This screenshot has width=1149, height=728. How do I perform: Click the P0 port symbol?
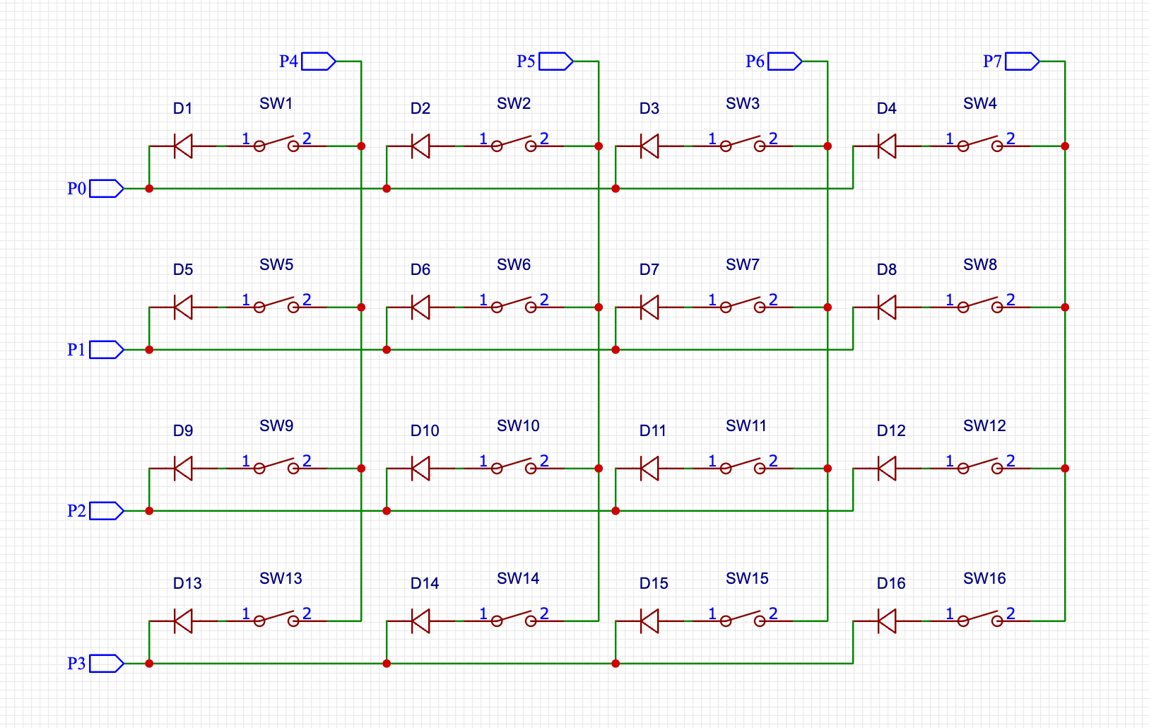point(106,189)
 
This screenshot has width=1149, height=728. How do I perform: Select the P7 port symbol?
point(1022,61)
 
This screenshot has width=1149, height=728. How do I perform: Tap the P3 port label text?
point(76,664)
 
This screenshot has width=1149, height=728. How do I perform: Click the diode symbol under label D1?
point(183,146)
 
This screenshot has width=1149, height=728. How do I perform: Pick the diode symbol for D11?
point(649,469)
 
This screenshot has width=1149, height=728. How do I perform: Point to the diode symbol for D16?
point(887,621)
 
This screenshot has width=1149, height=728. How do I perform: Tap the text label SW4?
point(979,104)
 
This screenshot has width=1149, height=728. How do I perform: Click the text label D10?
point(425,431)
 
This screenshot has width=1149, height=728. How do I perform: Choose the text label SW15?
point(747,579)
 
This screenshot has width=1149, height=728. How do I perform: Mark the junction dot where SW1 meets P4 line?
point(361,146)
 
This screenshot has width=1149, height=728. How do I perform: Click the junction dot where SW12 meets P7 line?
point(1065,469)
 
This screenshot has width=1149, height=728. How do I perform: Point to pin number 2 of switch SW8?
point(1010,300)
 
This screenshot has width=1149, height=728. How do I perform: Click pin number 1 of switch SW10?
point(483,461)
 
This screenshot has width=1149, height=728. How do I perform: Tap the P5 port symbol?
point(555,61)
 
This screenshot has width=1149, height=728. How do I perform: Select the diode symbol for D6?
point(420,307)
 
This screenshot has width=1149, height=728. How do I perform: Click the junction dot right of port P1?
point(149,350)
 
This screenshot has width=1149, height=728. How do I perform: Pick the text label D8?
point(886,270)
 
